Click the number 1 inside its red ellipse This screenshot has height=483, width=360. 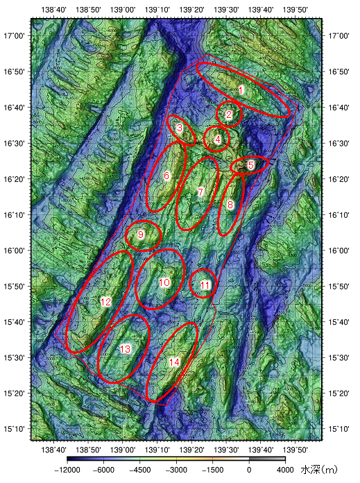241,90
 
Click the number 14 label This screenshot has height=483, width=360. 174,362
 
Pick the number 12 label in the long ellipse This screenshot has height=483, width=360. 105,302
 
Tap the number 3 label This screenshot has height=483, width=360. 180,128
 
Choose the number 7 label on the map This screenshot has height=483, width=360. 200,192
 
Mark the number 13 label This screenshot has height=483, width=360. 126,349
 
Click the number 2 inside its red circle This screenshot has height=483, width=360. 230,115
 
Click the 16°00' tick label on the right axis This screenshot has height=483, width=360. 339,250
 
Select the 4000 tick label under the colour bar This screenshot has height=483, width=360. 285,470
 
